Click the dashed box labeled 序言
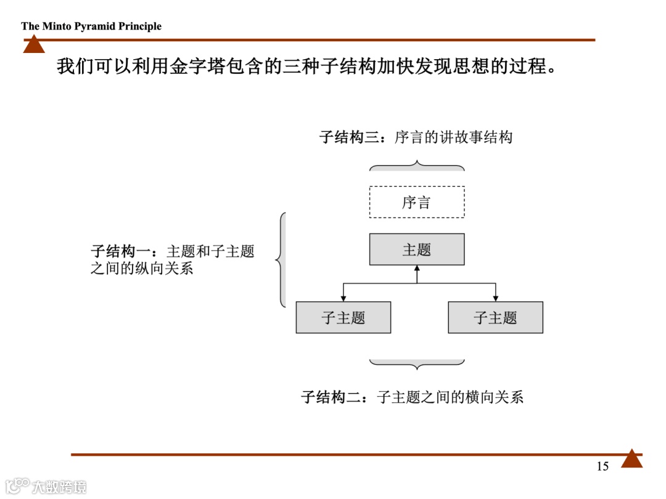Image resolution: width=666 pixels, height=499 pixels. click(x=417, y=202)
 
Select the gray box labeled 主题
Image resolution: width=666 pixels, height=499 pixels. click(x=417, y=249)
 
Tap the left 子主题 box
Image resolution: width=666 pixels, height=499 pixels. click(x=343, y=318)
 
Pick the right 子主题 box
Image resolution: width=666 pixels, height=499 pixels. click(x=495, y=318)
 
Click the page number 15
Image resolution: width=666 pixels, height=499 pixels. click(x=602, y=466)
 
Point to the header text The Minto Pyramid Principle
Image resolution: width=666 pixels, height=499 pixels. click(x=91, y=26)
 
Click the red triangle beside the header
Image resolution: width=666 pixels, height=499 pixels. click(x=34, y=44)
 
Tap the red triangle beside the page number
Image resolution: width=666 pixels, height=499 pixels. click(x=631, y=459)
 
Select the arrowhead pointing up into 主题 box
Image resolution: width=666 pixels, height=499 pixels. click(x=417, y=269)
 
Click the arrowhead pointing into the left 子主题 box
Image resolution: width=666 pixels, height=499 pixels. click(x=343, y=298)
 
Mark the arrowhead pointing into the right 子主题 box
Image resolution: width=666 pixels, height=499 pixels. click(x=496, y=298)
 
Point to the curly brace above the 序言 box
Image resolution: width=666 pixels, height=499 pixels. click(x=417, y=166)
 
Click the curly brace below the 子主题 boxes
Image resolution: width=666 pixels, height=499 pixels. click(x=417, y=364)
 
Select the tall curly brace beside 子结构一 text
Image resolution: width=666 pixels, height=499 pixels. click(x=281, y=260)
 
